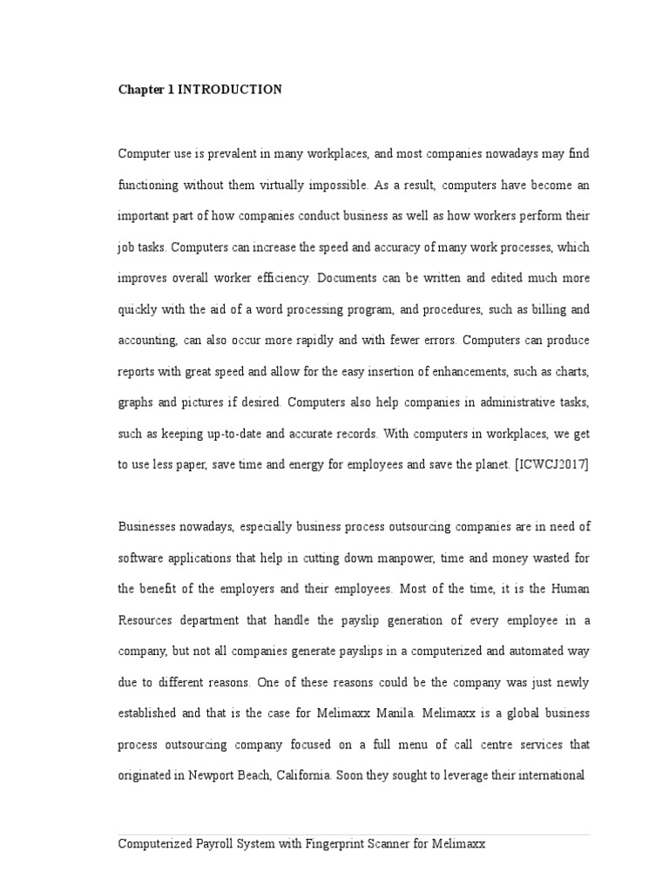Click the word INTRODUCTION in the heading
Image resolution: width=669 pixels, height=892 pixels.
230,90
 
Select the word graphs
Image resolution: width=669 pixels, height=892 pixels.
135,403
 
